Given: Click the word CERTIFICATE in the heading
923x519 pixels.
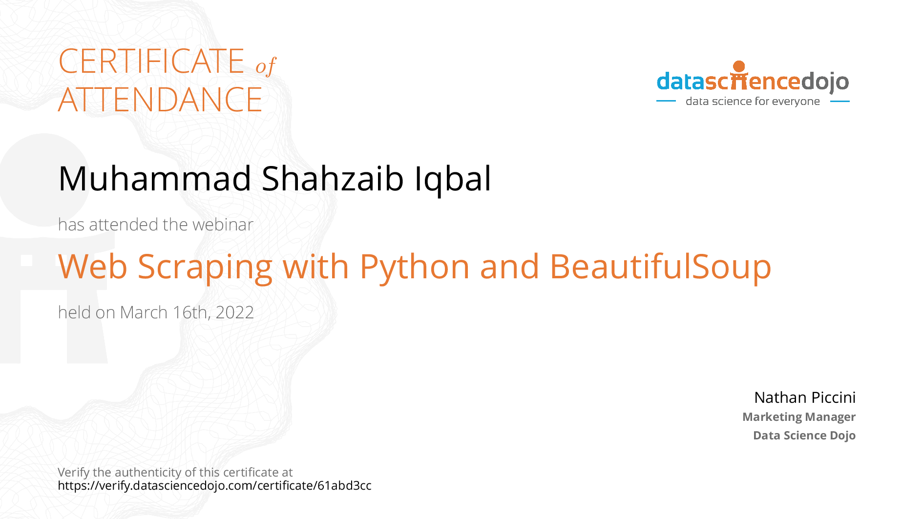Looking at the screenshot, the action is (x=151, y=61).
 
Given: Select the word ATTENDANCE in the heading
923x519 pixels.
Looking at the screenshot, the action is (x=160, y=100).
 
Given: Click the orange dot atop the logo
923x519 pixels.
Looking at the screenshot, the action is (x=739, y=66).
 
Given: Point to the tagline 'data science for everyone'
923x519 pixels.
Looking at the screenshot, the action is (x=753, y=102).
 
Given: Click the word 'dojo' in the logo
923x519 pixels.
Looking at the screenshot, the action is (x=825, y=82).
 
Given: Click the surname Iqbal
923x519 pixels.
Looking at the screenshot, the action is (x=453, y=180).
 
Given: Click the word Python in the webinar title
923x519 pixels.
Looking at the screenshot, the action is (x=415, y=268).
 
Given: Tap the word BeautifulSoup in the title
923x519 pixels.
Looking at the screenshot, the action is (x=660, y=268).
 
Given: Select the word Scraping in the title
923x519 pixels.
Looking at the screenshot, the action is (x=205, y=268).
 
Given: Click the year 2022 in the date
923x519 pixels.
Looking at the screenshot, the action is (x=234, y=312).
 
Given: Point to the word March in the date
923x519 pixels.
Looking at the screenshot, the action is (x=144, y=312).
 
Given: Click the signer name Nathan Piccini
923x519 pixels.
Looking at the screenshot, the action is (x=805, y=397).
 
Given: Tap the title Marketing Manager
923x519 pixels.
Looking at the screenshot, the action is (x=799, y=417).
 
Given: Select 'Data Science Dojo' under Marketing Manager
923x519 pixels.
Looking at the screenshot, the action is (x=804, y=436).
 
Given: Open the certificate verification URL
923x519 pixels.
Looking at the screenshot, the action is (x=214, y=486).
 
